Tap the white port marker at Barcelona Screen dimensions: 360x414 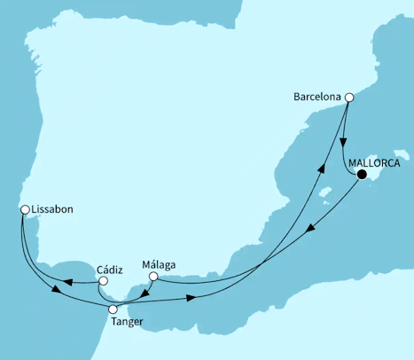[x=349, y=98]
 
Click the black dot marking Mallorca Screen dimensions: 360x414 [x=363, y=176]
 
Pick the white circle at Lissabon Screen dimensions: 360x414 [x=25, y=210]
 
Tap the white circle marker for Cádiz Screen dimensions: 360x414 [x=104, y=281]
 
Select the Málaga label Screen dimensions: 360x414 [x=160, y=263]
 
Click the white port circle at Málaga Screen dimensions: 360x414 [x=152, y=277]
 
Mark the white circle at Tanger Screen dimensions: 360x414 [x=113, y=309]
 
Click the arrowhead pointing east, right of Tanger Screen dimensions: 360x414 [x=191, y=299]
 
